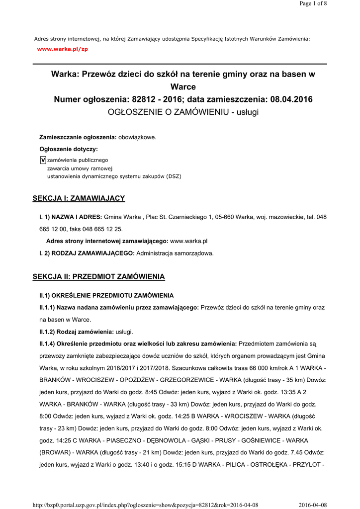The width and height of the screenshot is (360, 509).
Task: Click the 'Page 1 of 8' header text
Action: tap(313, 3)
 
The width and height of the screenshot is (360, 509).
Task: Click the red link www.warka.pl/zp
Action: tap(63, 49)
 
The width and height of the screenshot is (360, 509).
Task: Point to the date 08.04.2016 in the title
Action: tap(291, 99)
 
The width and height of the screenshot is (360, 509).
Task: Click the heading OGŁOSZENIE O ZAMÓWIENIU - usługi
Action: tap(183, 112)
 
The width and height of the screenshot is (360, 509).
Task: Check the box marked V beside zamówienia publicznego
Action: tap(43, 160)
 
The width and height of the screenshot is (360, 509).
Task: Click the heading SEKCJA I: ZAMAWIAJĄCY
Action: tap(79, 198)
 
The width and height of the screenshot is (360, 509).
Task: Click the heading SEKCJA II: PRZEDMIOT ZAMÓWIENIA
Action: tap(98, 276)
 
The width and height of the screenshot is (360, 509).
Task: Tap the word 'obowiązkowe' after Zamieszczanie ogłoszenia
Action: tap(137, 137)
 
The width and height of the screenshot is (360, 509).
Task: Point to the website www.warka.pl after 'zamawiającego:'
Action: tap(188, 241)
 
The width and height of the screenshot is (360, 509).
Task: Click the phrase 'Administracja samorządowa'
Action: tap(175, 253)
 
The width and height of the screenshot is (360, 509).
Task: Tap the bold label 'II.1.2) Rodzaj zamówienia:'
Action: tap(77, 332)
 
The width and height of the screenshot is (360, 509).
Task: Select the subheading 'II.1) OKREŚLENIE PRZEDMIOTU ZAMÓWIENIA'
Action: tap(106, 296)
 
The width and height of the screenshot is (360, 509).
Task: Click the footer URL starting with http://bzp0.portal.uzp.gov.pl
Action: tap(145, 505)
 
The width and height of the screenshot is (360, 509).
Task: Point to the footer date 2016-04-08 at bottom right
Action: tap(313, 505)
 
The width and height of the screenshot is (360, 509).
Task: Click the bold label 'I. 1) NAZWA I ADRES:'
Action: tap(71, 217)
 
